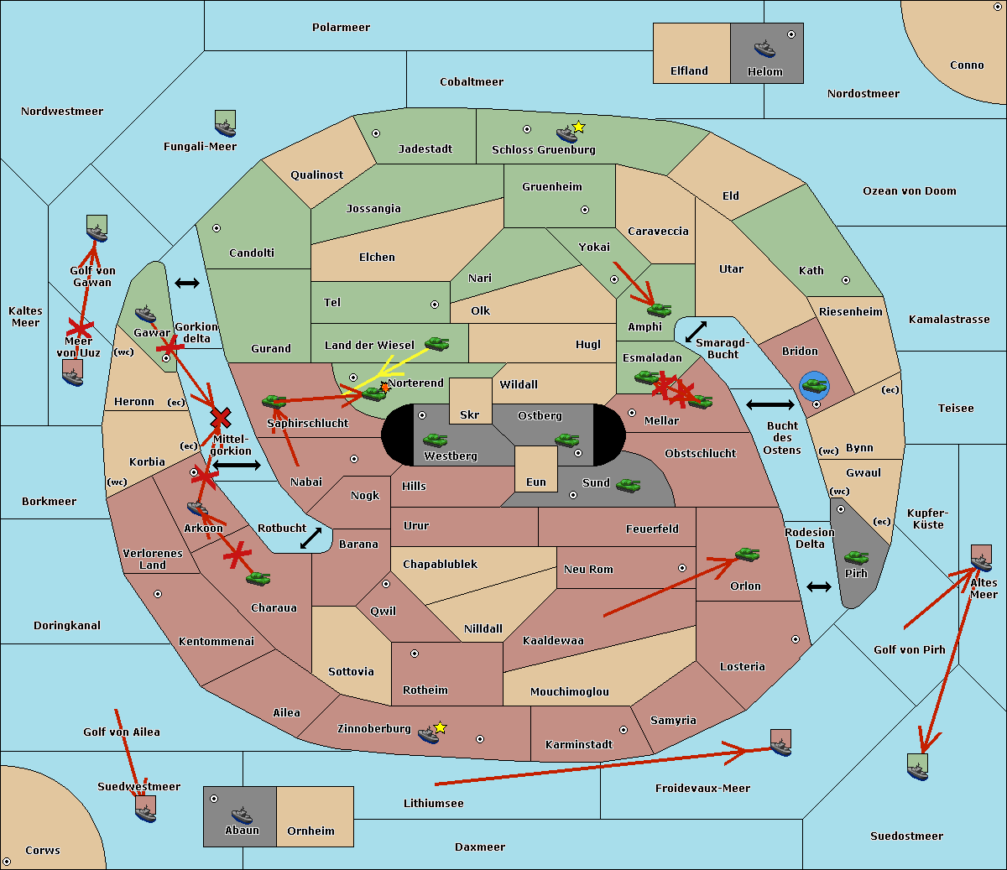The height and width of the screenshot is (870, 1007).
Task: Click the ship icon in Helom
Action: point(764,49)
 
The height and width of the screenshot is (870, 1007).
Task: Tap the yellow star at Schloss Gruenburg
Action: point(578,128)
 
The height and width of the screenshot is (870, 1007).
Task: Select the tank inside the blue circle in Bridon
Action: point(815,386)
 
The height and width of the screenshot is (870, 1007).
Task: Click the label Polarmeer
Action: point(341,28)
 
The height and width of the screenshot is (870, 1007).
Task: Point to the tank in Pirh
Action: point(856,558)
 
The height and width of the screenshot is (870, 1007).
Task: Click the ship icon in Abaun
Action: point(243,815)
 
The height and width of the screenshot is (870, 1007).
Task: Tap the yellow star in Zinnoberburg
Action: point(440,727)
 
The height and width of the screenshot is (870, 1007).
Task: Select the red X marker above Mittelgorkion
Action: point(221,418)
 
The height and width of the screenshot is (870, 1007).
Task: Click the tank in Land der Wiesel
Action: point(436,343)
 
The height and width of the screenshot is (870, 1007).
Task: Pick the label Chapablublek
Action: point(440,564)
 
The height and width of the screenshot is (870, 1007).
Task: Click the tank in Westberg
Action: point(435,440)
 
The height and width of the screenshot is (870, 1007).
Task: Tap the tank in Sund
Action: point(628,485)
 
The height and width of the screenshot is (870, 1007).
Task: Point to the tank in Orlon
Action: point(748,555)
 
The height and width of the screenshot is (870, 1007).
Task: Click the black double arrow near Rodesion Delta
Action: point(819,587)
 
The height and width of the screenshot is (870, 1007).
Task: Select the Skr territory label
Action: point(470,414)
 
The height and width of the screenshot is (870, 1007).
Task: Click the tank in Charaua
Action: point(258,578)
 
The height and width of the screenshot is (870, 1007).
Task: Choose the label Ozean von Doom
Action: point(910,191)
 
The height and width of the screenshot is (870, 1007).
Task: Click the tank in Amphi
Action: point(659,310)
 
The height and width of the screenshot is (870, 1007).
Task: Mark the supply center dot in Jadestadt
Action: point(376,133)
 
